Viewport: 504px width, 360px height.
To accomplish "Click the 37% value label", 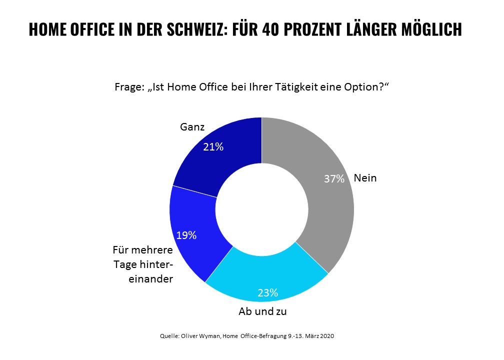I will (334, 178).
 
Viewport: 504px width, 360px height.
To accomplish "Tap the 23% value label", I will (267, 292).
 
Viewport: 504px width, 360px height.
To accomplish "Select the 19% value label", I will (186, 235).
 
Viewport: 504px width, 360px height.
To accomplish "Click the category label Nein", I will (365, 177).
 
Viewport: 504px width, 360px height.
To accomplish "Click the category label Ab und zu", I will (263, 311).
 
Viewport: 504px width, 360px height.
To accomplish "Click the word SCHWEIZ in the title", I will (188, 29).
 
